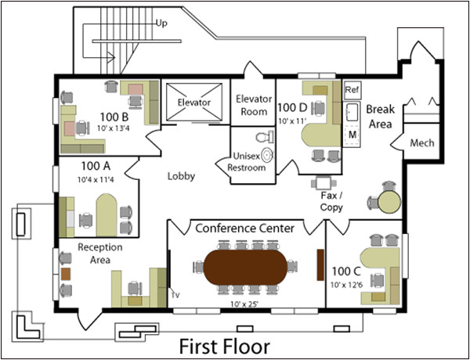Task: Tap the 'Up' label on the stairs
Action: [x=163, y=22]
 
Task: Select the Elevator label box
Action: [x=193, y=103]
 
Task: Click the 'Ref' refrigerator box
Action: [x=352, y=90]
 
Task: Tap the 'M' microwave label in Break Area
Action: [x=352, y=134]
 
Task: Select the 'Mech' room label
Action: [x=421, y=143]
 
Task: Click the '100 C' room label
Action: [x=345, y=271]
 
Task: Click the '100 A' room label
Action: [x=96, y=167]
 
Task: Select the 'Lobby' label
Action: [x=181, y=176]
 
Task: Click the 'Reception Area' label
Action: [x=98, y=253]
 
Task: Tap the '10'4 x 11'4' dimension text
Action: [x=96, y=180]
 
